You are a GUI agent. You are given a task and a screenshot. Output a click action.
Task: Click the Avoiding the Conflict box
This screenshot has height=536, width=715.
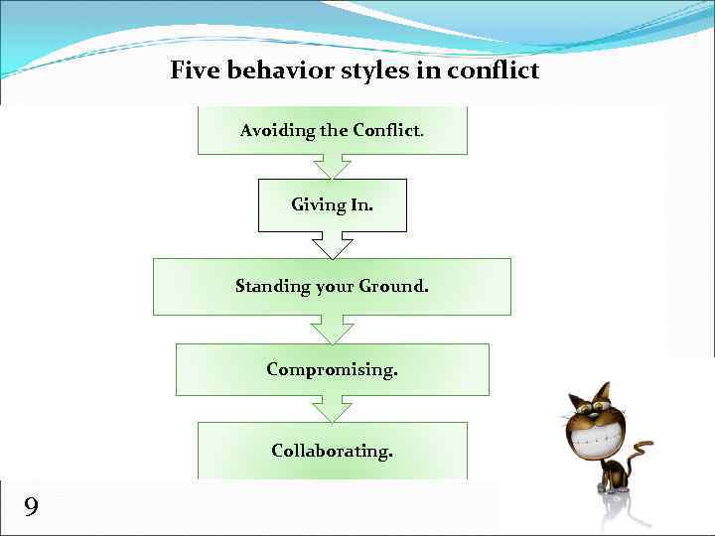click(x=332, y=130)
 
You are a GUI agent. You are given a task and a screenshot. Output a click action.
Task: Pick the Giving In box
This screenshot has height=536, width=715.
click(x=332, y=204)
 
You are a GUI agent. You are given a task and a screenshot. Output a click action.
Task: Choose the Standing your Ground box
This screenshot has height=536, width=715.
click(x=332, y=286)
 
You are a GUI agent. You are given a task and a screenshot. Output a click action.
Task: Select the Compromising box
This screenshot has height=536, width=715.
click(x=332, y=369)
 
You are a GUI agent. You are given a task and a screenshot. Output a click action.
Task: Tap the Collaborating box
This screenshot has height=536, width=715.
click(x=332, y=451)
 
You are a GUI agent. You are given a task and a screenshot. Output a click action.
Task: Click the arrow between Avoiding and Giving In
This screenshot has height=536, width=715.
click(x=332, y=166)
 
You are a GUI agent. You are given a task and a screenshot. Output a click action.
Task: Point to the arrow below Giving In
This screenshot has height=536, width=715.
click(x=332, y=245)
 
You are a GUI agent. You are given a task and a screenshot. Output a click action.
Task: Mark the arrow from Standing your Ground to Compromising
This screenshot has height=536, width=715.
click(x=332, y=330)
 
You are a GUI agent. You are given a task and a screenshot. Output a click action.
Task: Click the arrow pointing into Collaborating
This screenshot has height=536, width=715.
click(x=332, y=409)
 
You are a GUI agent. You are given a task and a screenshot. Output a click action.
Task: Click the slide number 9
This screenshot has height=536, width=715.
click(x=31, y=508)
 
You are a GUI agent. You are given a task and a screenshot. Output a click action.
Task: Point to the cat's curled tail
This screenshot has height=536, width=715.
click(x=643, y=447)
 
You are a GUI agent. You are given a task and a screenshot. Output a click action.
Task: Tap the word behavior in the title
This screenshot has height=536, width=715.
click(x=277, y=70)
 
